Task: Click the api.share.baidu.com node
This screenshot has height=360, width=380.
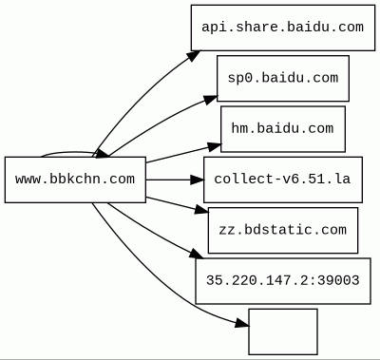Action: (x=283, y=28)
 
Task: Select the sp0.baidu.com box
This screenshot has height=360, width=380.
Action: (x=283, y=78)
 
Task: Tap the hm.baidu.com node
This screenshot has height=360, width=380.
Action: (x=283, y=129)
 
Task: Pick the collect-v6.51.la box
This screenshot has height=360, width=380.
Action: (x=283, y=180)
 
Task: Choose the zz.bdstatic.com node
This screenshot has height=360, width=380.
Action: (x=283, y=230)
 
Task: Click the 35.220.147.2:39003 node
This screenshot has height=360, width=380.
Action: (x=283, y=281)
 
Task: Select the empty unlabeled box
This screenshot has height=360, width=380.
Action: (x=283, y=332)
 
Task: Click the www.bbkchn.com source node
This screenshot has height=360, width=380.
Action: (x=75, y=180)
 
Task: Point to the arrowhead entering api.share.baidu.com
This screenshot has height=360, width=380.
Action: (x=193, y=55)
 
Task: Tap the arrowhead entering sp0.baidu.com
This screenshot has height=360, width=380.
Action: (x=211, y=100)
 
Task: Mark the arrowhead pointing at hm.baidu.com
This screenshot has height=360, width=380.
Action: (x=215, y=146)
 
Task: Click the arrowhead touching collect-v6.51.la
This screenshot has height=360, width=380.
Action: (x=198, y=180)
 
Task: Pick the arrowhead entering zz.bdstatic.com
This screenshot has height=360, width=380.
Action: (x=202, y=209)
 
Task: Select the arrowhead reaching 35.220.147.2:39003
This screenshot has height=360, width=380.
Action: (x=197, y=254)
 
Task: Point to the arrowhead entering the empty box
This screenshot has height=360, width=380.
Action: (x=242, y=323)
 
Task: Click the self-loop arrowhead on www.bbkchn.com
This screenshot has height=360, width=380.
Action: (x=102, y=154)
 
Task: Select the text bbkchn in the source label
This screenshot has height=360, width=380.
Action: (x=70, y=180)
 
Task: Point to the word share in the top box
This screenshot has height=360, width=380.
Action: (x=257, y=27)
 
